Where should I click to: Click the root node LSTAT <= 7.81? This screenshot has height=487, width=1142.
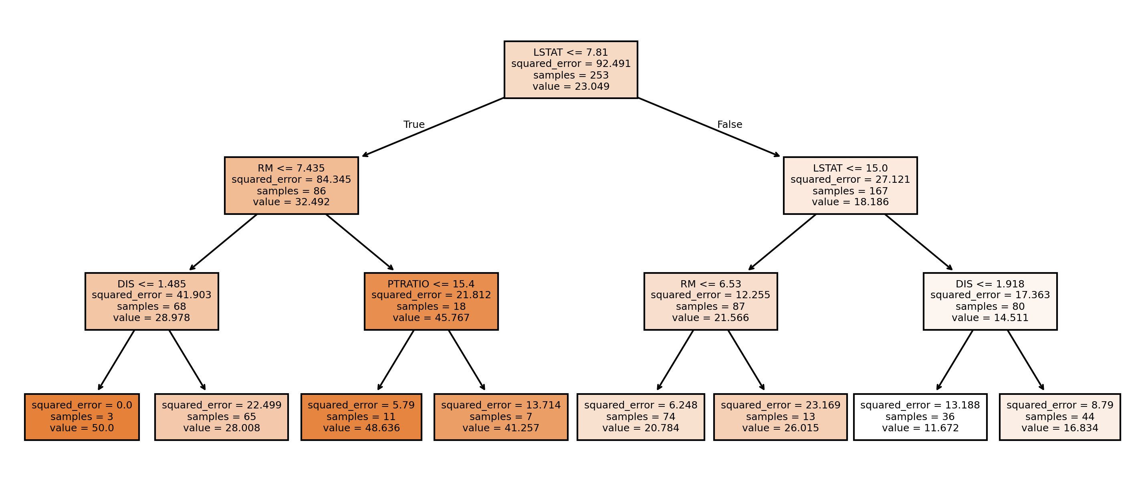click(x=571, y=70)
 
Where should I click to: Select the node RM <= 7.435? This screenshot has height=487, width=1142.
click(x=291, y=186)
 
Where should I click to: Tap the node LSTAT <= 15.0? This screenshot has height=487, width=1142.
click(x=850, y=186)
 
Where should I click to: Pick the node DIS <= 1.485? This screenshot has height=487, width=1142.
click(x=151, y=301)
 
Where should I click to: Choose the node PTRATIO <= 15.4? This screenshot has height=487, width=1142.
click(x=431, y=301)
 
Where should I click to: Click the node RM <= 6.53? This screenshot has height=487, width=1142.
click(x=710, y=301)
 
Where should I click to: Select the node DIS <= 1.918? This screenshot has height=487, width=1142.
click(x=990, y=301)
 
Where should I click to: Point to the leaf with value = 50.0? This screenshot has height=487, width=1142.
click(x=82, y=417)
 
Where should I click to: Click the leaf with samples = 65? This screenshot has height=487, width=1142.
click(x=221, y=417)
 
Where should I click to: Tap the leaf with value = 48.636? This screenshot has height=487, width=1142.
click(x=361, y=417)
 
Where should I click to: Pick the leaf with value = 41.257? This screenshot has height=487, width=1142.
click(x=501, y=417)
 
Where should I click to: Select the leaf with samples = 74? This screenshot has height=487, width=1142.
click(x=641, y=417)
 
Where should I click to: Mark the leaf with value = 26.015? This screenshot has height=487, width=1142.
click(x=780, y=417)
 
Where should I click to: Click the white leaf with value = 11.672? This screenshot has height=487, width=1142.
click(x=920, y=417)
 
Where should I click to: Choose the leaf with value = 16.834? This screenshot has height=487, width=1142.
click(x=1060, y=417)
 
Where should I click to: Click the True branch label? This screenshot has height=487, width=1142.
click(x=414, y=125)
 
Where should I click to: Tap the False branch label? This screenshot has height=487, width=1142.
click(x=729, y=125)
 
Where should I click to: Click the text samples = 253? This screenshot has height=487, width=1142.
click(x=571, y=75)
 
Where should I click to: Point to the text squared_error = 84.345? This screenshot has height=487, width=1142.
click(x=291, y=180)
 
